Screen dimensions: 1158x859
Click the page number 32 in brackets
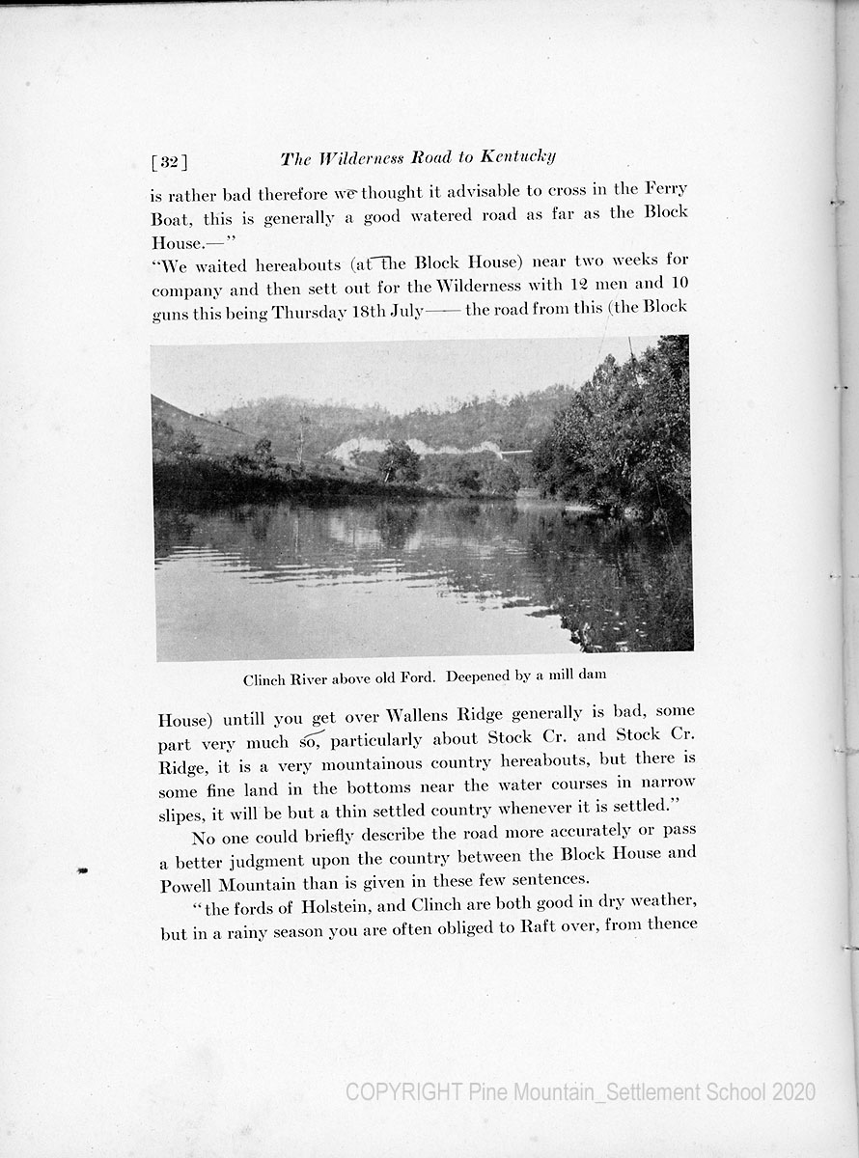[169, 161]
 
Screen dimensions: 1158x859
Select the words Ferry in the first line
[663, 189]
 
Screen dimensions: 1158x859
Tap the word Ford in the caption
[416, 677]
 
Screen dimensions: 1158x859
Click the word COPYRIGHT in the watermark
[403, 1092]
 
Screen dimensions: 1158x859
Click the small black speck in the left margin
[82, 870]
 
